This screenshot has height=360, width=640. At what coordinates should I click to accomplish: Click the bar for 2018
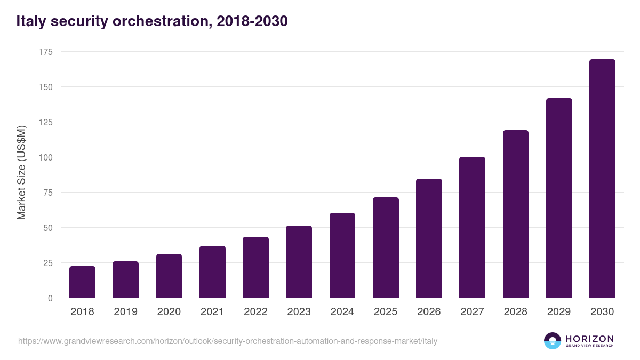tap(82, 282)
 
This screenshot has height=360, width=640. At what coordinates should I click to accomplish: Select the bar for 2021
tap(212, 272)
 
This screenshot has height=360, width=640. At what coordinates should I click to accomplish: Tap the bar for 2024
tap(342, 255)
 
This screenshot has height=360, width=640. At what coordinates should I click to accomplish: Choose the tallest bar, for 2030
tap(602, 179)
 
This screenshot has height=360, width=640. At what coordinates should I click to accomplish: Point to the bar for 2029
tap(559, 198)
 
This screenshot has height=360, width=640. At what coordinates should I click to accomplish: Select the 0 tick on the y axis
tap(50, 298)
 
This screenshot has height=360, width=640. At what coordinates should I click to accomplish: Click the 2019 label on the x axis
tap(125, 312)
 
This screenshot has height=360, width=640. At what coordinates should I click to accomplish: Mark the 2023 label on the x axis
tap(299, 312)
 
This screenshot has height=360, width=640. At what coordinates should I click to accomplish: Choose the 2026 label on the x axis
tap(429, 312)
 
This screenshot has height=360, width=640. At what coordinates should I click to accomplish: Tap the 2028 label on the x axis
tap(516, 312)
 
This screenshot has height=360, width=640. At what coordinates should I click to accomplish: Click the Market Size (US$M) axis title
tap(21, 172)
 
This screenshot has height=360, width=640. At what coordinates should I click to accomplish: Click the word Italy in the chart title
tap(31, 21)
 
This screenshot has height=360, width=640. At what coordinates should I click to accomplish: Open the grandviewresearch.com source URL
tap(228, 341)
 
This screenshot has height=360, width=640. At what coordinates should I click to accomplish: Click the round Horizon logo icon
tap(553, 341)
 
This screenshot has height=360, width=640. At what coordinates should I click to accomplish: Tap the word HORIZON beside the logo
tap(589, 338)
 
